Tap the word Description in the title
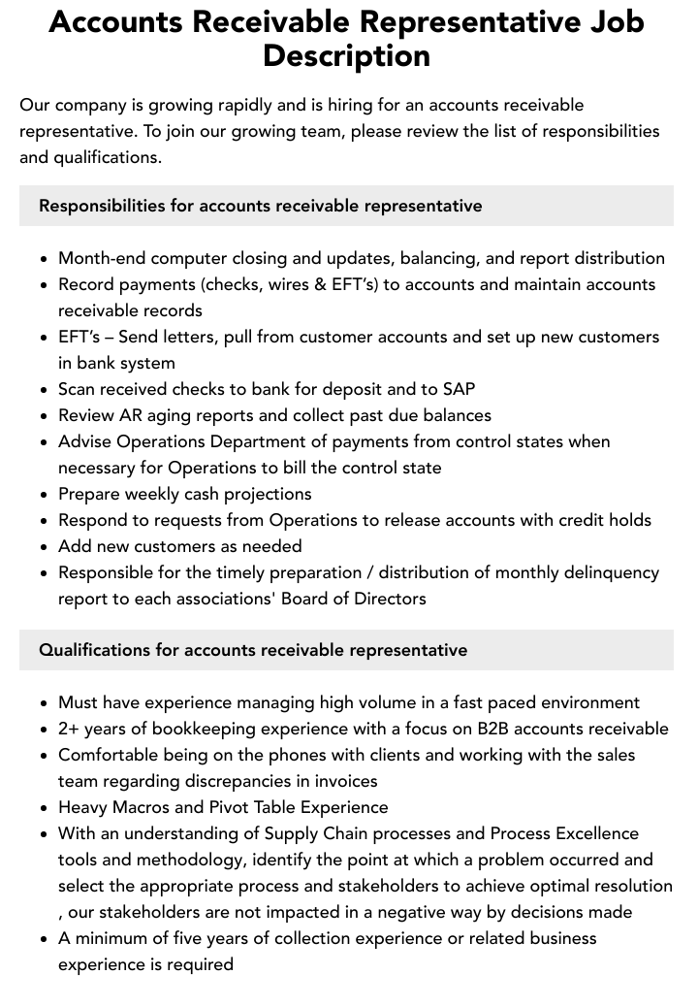(346, 55)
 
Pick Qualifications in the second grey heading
(94, 650)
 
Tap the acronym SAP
(459, 389)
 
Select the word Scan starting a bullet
(79, 389)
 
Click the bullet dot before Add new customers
(44, 547)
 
